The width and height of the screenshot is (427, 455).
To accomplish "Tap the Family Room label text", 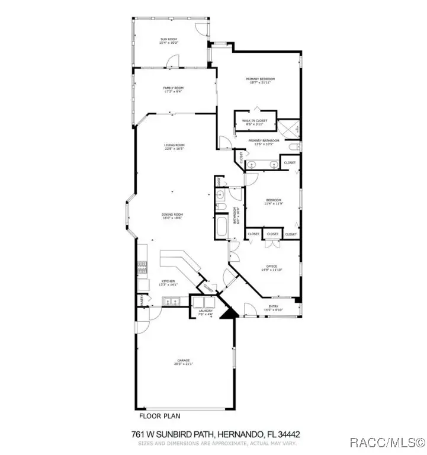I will pos(173,88).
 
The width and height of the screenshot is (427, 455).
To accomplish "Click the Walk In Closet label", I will pos(255,120).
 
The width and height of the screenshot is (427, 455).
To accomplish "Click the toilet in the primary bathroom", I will pos(294,146).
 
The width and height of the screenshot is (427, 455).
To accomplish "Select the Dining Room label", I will pos(173,214).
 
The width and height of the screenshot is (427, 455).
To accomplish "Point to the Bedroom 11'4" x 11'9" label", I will pos(273,200).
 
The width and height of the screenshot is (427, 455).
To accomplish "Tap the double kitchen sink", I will pos(171,302).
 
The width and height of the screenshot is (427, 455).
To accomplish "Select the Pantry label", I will pos(142,301).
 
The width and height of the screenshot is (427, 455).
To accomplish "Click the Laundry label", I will pos(206,311).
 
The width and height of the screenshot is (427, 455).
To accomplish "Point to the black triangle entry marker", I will pos(229,312).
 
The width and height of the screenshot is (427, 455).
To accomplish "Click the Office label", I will pos(272,267).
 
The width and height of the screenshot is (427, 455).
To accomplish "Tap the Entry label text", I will pos(273,307).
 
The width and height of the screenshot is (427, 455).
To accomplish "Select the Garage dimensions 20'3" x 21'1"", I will pos(185,364).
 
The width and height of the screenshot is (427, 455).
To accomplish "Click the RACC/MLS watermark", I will pos(387,442).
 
